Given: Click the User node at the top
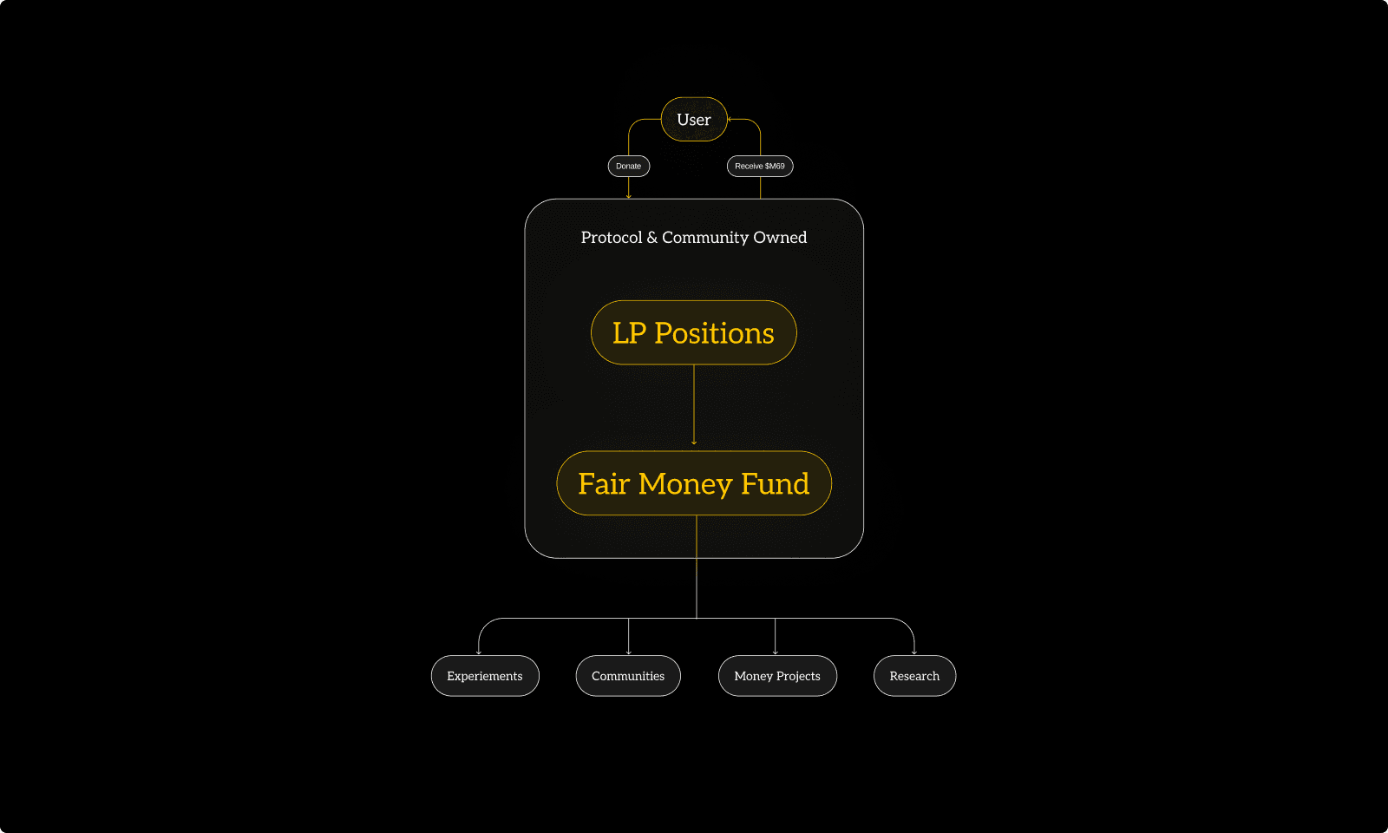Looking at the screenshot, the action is pos(694,120).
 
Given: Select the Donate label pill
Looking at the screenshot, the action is pos(628,166).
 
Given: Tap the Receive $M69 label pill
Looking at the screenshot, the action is pos(759,166).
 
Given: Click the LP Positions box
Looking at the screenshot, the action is pos(693,332).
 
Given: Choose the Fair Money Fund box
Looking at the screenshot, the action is pos(693,483).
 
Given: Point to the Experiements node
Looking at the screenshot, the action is pos(484,676).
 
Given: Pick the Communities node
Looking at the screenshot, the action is pos(628,676).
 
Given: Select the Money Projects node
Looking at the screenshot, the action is pos(776,676).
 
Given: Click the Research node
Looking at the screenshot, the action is pos(914,676).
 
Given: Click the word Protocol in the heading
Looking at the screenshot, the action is pos(612,238).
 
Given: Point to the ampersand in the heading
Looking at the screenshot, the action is pos(652,238).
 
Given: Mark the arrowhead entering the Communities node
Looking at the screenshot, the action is pos(628,652).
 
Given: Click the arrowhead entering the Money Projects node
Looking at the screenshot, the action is pos(775,652).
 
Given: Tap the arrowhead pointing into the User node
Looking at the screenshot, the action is pos(730,120).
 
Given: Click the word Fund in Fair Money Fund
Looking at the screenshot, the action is pos(775,483).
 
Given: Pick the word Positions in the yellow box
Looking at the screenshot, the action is pos(714,333).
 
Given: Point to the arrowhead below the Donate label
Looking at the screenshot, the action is pos(628,196).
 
